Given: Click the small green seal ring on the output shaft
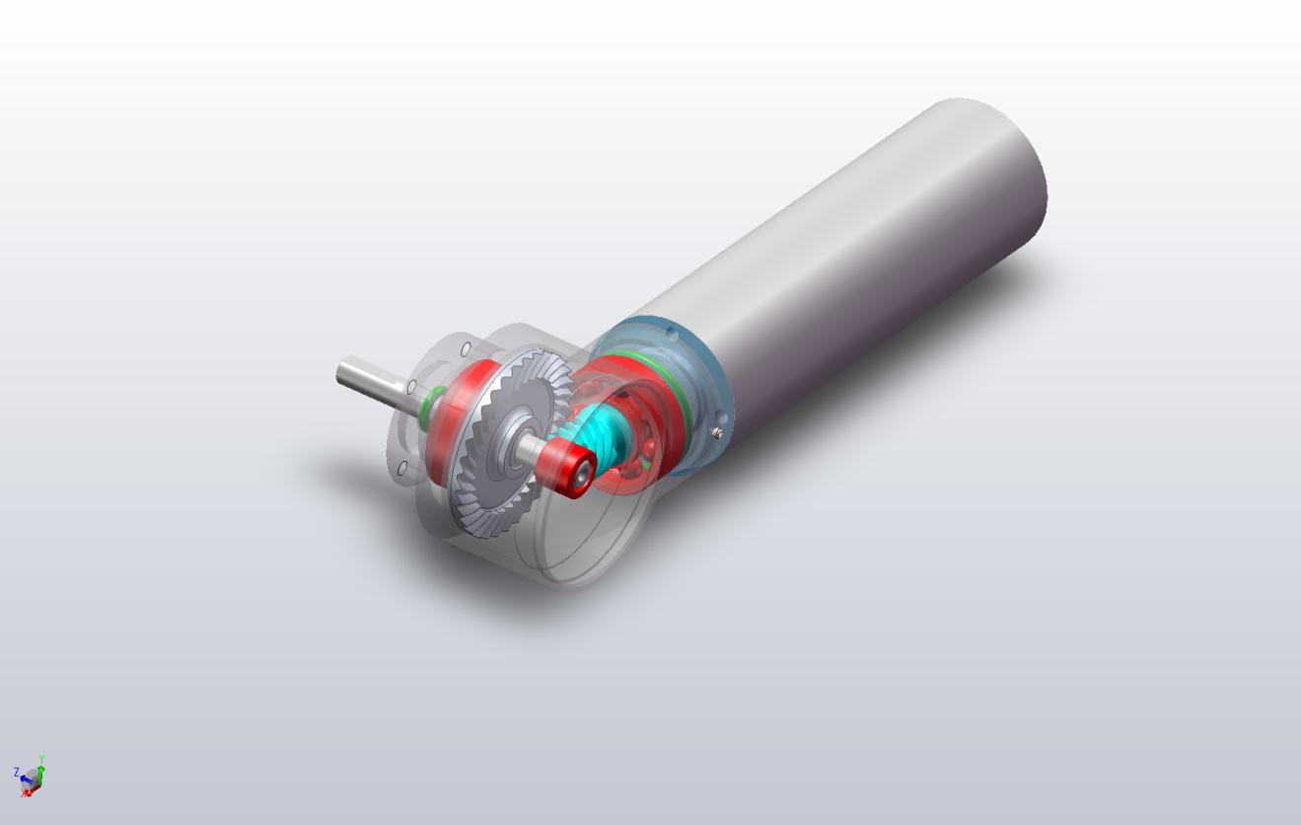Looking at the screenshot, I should (x=426, y=405).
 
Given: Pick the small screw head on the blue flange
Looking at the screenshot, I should (x=720, y=432).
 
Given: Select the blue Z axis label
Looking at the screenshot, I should (x=17, y=772).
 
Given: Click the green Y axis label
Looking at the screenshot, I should (x=41, y=759).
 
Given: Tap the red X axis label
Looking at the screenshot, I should (x=26, y=792).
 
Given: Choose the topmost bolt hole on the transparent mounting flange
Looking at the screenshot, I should (x=465, y=348).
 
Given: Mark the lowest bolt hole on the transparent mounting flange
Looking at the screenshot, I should (x=402, y=469).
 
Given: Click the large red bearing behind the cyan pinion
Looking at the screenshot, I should (x=641, y=414).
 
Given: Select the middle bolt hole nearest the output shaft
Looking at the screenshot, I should (x=411, y=387).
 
